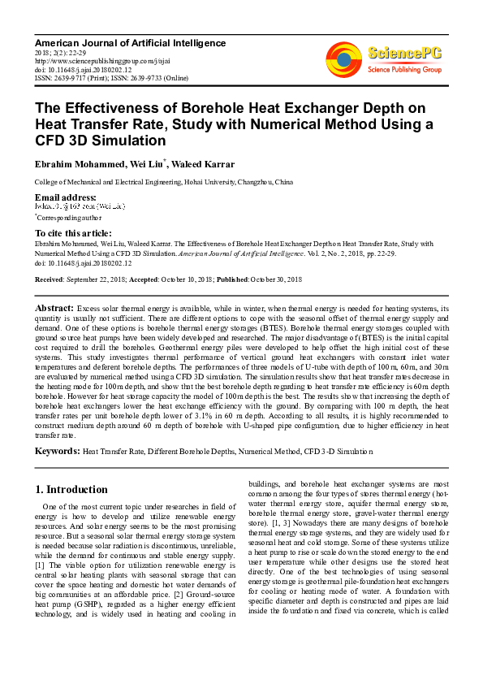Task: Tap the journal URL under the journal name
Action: [x=99, y=60]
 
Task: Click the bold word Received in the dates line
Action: [x=51, y=279]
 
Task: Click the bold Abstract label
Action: [x=54, y=310]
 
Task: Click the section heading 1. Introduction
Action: [x=72, y=490]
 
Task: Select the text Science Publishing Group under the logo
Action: [x=403, y=70]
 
